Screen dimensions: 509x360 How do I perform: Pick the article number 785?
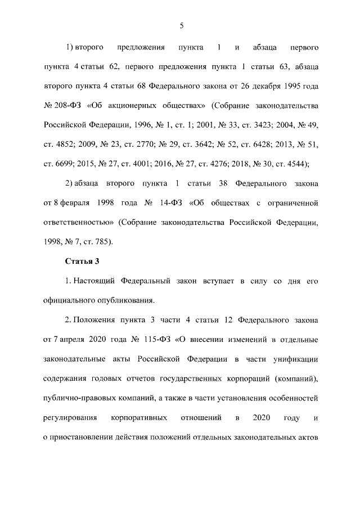pos(101,242)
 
